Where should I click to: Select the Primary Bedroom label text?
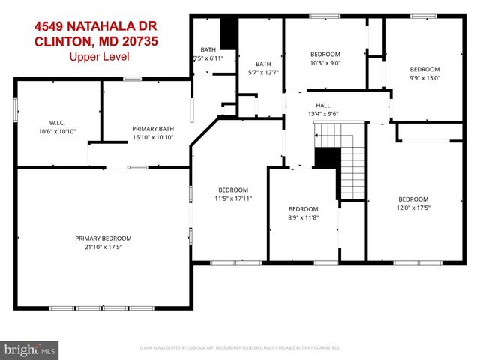coord(103,238)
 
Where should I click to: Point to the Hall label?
coord(322,105)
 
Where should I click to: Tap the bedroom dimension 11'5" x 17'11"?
coord(233,199)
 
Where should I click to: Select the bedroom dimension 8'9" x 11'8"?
coord(304,217)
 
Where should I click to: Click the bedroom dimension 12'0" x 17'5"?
coord(412,207)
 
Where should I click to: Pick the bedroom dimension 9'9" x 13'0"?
coord(424,77)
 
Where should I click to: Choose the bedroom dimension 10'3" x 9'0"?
coord(325,63)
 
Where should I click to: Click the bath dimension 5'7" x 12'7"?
coord(263,73)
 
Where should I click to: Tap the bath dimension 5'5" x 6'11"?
coord(208,58)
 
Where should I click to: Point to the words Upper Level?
coord(99,56)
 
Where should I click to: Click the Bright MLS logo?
coord(30,349)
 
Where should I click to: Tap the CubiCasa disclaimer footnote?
coord(240,348)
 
